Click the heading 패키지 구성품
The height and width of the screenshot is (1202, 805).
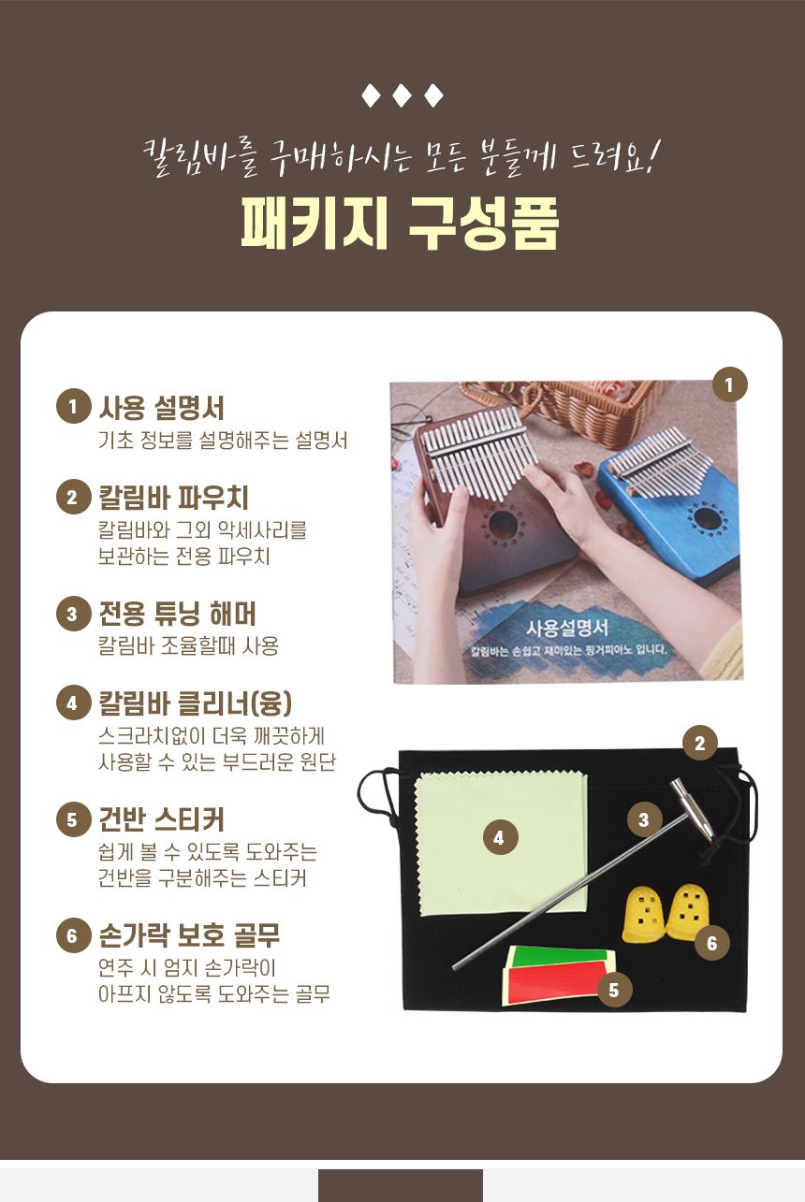400,222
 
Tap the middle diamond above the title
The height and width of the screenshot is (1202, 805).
402,95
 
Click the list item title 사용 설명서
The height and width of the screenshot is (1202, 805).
161,408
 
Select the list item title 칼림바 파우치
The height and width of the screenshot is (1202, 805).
173,497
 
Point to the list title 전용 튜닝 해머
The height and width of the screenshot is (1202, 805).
177,615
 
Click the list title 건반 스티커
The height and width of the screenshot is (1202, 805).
161,819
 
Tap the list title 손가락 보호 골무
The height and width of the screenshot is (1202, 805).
189,935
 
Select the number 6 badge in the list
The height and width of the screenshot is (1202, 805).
72,935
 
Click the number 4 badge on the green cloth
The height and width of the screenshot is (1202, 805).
499,838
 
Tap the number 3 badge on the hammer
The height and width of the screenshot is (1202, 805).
644,820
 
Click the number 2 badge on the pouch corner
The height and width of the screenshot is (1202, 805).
699,744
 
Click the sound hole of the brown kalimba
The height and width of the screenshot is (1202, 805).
503,524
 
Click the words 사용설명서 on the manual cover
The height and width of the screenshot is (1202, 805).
567,628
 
